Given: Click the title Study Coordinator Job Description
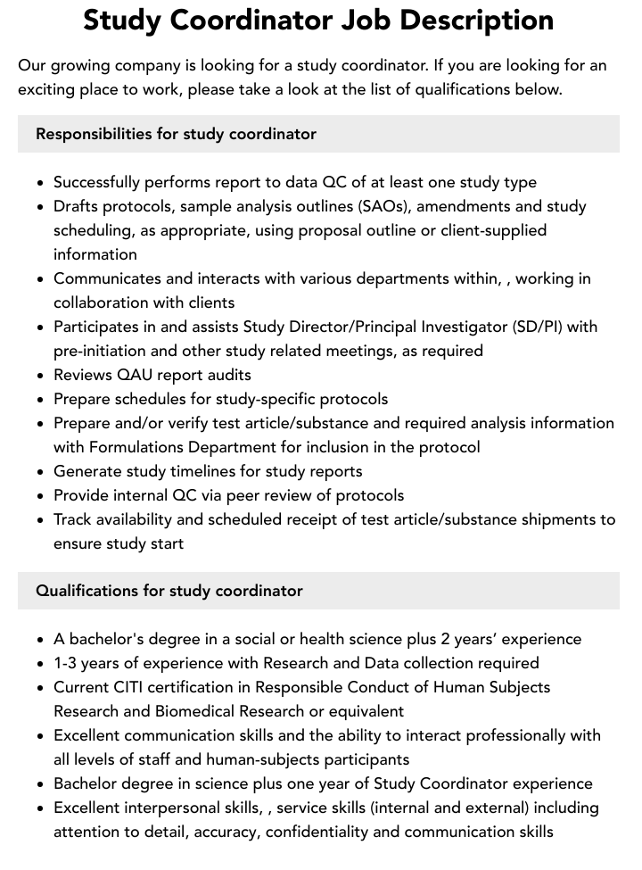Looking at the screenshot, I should pyautogui.click(x=318, y=20).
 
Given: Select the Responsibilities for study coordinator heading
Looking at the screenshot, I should pyautogui.click(x=176, y=134).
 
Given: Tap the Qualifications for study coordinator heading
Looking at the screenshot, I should pyautogui.click(x=169, y=591).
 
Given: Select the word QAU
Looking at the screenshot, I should pyautogui.click(x=143, y=375).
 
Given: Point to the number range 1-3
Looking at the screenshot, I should pyautogui.click(x=68, y=663).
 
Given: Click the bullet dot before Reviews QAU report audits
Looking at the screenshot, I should pyautogui.click(x=41, y=376).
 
